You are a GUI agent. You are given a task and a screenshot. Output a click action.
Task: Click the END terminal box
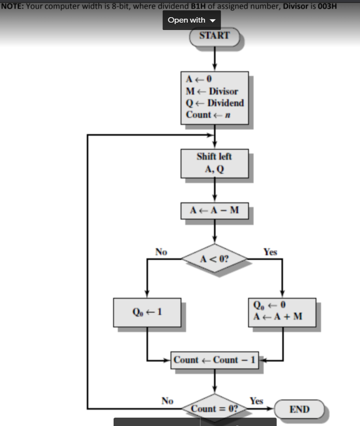[299, 409]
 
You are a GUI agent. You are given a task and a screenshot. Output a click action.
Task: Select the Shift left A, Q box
[214, 163]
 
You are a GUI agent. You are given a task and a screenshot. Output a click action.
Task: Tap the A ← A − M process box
[214, 211]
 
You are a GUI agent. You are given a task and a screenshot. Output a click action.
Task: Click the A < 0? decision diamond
[214, 258]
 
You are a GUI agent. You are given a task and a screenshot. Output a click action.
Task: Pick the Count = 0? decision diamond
[214, 408]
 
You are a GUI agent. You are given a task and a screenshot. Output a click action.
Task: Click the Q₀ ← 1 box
[147, 311]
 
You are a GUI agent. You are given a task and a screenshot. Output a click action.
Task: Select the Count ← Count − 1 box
[215, 360]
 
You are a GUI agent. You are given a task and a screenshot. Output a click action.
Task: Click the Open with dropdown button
[191, 20]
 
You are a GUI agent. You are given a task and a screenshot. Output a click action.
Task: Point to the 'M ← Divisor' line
[212, 91]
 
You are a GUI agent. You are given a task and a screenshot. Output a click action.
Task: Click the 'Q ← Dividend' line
[214, 103]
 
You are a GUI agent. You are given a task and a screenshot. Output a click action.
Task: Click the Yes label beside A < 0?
[270, 252]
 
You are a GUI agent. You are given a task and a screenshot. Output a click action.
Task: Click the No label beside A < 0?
[161, 252]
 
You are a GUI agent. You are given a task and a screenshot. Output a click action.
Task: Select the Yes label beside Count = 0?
[256, 401]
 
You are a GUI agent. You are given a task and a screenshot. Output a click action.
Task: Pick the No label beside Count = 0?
[167, 401]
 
